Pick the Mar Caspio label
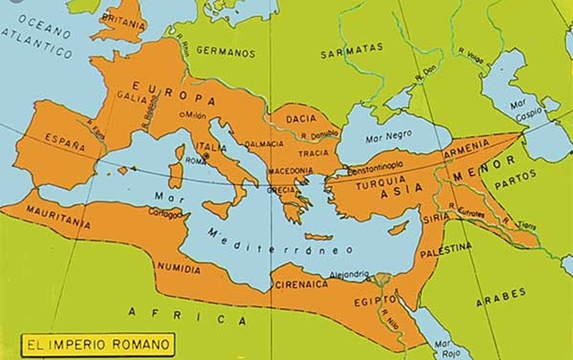click(526, 111)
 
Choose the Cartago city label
click(165, 213)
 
